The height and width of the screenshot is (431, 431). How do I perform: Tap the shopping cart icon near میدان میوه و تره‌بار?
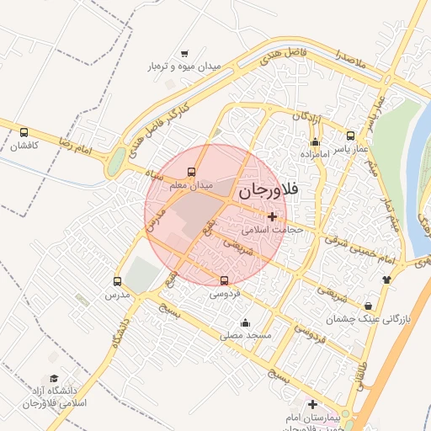click(184, 53)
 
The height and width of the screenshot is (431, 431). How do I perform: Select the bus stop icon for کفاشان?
click(24, 132)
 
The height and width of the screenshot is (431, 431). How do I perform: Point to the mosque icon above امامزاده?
click(315, 141)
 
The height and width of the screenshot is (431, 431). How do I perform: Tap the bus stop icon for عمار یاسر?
click(350, 135)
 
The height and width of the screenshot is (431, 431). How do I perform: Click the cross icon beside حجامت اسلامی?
click(272, 216)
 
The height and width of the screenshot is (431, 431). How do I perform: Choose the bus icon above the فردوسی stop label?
click(224, 281)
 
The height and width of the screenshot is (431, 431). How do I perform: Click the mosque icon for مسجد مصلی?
click(245, 322)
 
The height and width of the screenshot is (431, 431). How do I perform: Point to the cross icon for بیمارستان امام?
click(313, 404)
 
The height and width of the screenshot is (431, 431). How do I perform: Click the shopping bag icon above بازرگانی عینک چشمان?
click(369, 306)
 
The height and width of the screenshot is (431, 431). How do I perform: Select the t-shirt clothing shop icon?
click(386, 279)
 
